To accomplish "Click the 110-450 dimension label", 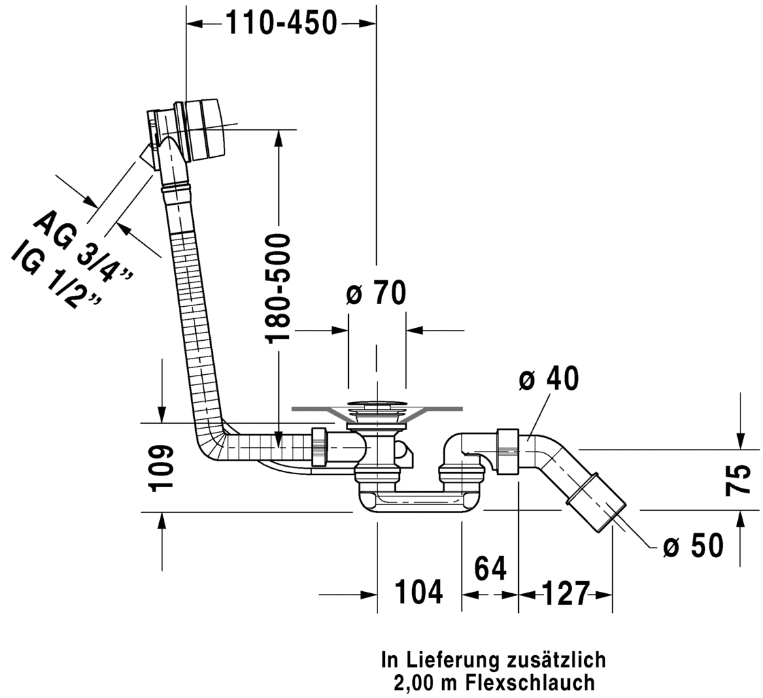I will point(281,24).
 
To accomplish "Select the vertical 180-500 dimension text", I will point(279,287).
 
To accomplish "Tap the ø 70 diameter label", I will point(376,294).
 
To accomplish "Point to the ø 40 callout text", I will point(549,378).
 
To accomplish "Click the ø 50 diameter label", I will point(693,546).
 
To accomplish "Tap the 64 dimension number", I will point(490,569).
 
